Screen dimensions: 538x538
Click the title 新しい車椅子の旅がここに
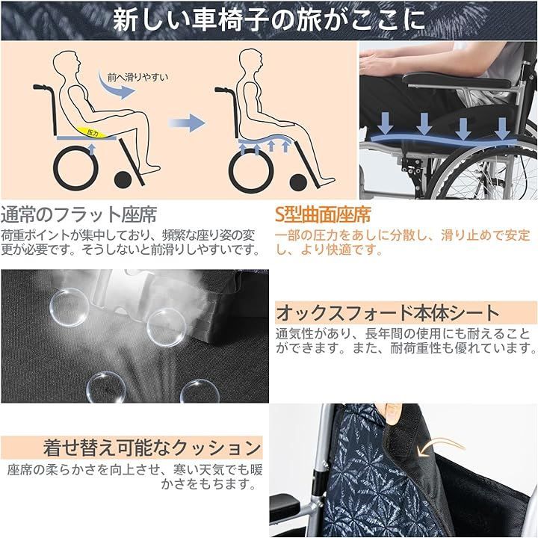pos(268,19)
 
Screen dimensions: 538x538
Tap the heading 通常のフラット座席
pos(78,216)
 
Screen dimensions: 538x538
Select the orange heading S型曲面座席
pos(323,216)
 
